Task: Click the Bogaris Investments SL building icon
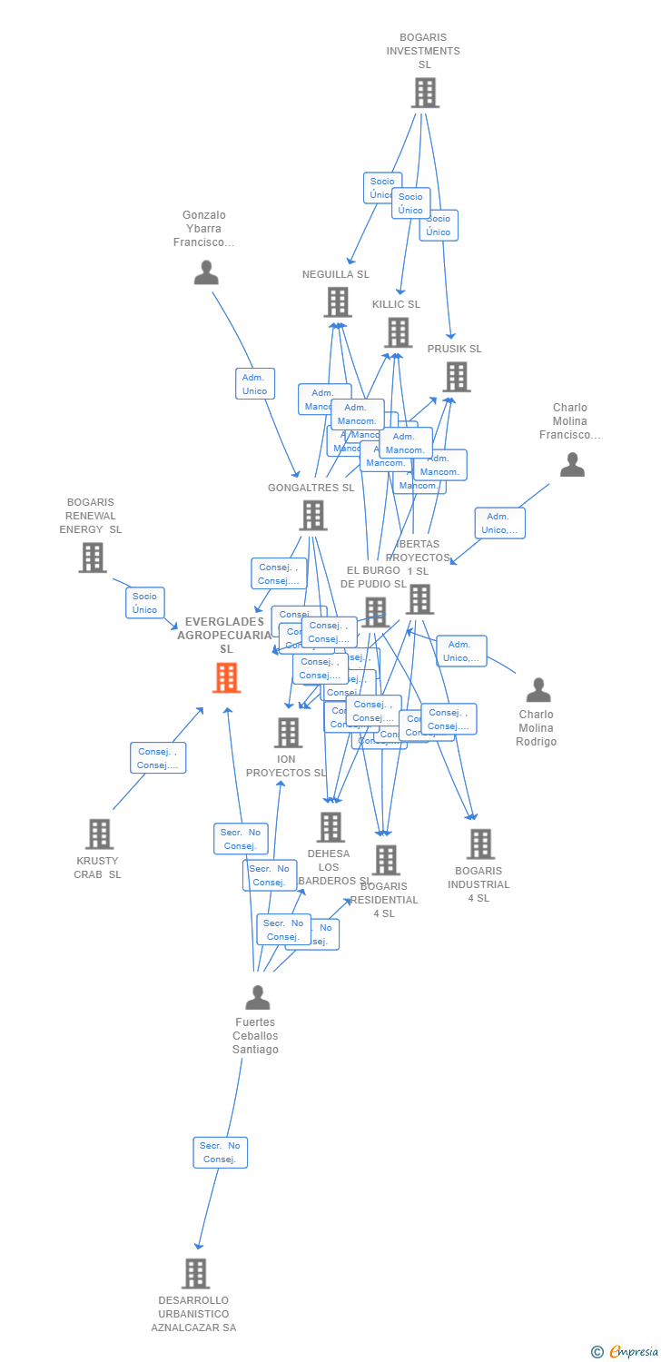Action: pyautogui.click(x=425, y=93)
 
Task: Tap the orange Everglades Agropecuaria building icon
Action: pyautogui.click(x=226, y=677)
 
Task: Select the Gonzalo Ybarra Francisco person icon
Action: pyautogui.click(x=206, y=272)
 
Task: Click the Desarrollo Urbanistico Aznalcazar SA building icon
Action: pyautogui.click(x=195, y=1273)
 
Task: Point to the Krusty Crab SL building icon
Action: pyautogui.click(x=98, y=834)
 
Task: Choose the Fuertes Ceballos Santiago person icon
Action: pyautogui.click(x=258, y=997)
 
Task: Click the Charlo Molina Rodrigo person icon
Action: pyautogui.click(x=538, y=690)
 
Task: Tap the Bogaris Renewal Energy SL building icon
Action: pyautogui.click(x=92, y=558)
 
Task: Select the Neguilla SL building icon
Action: pyautogui.click(x=337, y=302)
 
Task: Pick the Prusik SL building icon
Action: pyautogui.click(x=456, y=377)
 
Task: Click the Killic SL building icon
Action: pyautogui.click(x=399, y=332)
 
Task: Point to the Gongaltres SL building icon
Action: pyautogui.click(x=312, y=515)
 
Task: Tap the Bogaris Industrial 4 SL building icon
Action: pyautogui.click(x=480, y=844)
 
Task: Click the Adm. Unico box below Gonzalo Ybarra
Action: pyautogui.click(x=255, y=384)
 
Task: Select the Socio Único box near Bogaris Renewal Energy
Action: pyautogui.click(x=145, y=603)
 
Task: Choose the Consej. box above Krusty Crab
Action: pyautogui.click(x=158, y=757)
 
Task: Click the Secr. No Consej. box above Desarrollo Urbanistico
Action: pyautogui.click(x=220, y=1152)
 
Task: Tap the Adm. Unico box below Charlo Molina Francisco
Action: pyautogui.click(x=499, y=523)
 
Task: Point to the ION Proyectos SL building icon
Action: pyautogui.click(x=288, y=732)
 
